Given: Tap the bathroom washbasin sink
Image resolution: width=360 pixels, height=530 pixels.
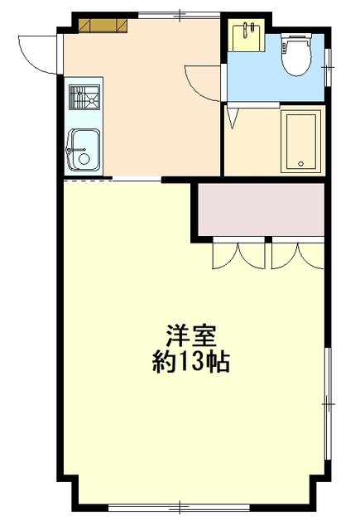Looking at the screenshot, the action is (x=246, y=36).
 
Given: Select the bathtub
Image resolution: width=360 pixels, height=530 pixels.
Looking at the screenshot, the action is (x=301, y=141).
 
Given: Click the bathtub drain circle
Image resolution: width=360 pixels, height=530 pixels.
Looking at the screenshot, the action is (x=301, y=164).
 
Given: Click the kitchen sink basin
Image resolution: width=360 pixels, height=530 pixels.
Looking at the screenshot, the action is (x=84, y=150).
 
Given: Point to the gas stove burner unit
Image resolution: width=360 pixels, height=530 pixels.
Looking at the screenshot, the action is (x=84, y=98).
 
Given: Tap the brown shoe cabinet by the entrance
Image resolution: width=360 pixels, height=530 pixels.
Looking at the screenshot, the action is (x=103, y=26).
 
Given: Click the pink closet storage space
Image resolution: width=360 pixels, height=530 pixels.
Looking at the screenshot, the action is (x=261, y=210).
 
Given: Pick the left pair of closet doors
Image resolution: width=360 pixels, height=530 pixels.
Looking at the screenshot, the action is (x=239, y=256).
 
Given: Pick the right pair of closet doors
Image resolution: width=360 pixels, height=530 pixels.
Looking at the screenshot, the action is (x=298, y=256).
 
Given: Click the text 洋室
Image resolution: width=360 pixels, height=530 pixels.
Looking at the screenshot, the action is (x=191, y=335).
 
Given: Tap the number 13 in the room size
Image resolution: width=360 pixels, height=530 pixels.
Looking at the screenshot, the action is (x=191, y=362).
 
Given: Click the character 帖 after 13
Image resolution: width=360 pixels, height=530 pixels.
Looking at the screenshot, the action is (x=218, y=362).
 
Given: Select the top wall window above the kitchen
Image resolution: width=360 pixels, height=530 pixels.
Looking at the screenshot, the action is (x=180, y=15).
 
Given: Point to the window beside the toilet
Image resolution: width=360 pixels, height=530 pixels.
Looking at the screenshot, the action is (x=328, y=67).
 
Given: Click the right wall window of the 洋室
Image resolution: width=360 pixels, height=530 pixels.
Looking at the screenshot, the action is (x=328, y=403).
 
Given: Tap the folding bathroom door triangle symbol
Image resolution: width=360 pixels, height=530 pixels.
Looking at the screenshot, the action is (x=233, y=118).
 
